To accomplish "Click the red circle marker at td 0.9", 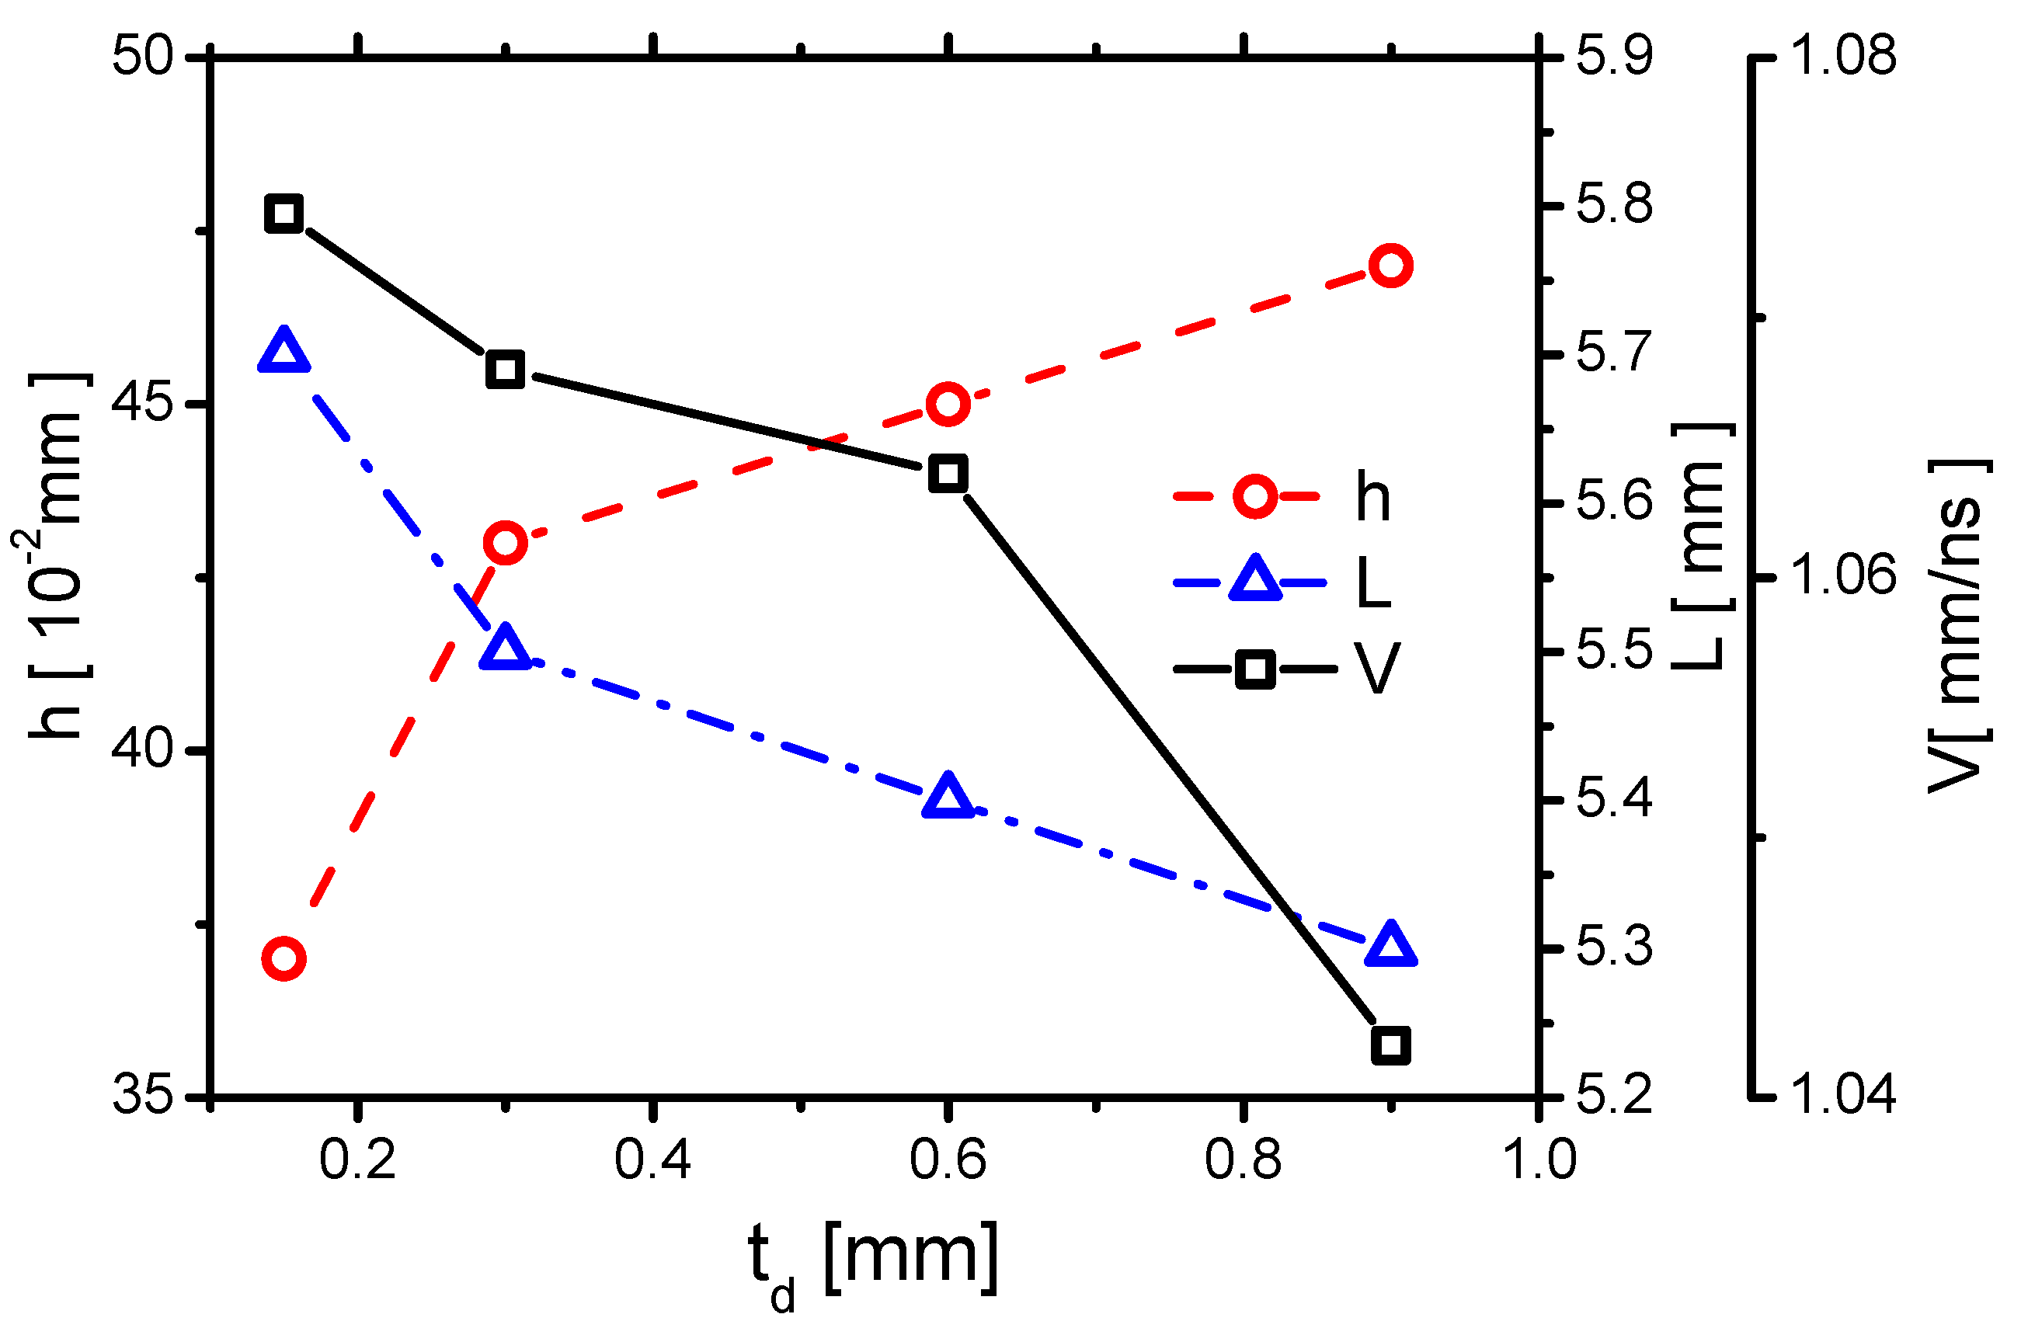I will (1390, 266).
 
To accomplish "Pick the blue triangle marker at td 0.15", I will (283, 351).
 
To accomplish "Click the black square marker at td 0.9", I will (1390, 1045).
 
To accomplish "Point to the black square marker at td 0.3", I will (505, 370).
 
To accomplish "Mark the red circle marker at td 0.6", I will (948, 404).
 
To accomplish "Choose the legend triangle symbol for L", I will (1255, 582).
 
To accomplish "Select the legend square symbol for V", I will (1255, 669).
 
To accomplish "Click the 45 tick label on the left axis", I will (142, 405).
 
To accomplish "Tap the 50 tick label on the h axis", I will (142, 58).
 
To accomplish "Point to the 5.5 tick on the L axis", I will (1613, 652).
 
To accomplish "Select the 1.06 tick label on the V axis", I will (1844, 576).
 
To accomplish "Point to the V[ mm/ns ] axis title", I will (1958, 626).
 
